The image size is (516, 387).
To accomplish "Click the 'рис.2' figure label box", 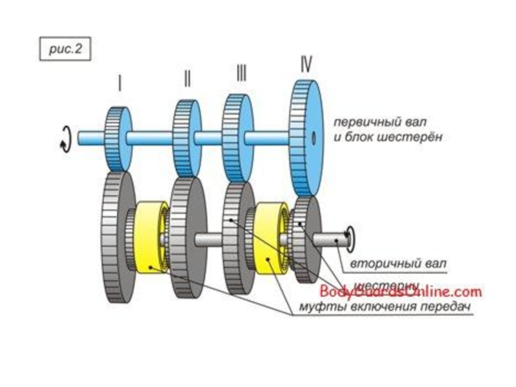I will tap(62, 50).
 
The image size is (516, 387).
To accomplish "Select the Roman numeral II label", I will tap(187, 79).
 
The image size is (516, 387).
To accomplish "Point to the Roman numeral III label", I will tap(241, 74).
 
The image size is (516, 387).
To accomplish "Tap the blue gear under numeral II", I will tap(187, 136).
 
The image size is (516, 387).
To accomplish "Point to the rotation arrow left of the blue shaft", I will tap(64, 138).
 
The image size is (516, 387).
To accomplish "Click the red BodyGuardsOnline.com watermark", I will tap(400, 292).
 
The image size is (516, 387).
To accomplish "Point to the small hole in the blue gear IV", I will tap(312, 137).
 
